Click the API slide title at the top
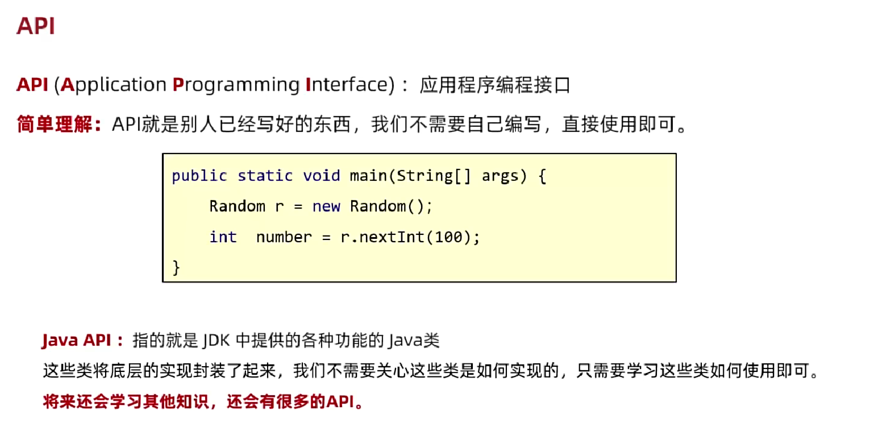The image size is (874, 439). pos(36,26)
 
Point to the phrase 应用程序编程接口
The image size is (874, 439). pos(494,85)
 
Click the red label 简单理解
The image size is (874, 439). pos(55,124)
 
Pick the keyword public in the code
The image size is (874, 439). pos(199,176)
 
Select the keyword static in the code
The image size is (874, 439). pos(265,176)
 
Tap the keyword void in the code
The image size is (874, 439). pos(322,176)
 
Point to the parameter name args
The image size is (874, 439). pos(500,176)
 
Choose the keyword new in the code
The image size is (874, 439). pos(326,206)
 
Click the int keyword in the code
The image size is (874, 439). pos(223,237)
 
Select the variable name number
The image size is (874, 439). pos(284,237)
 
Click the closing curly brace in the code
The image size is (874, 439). pos(176,266)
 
